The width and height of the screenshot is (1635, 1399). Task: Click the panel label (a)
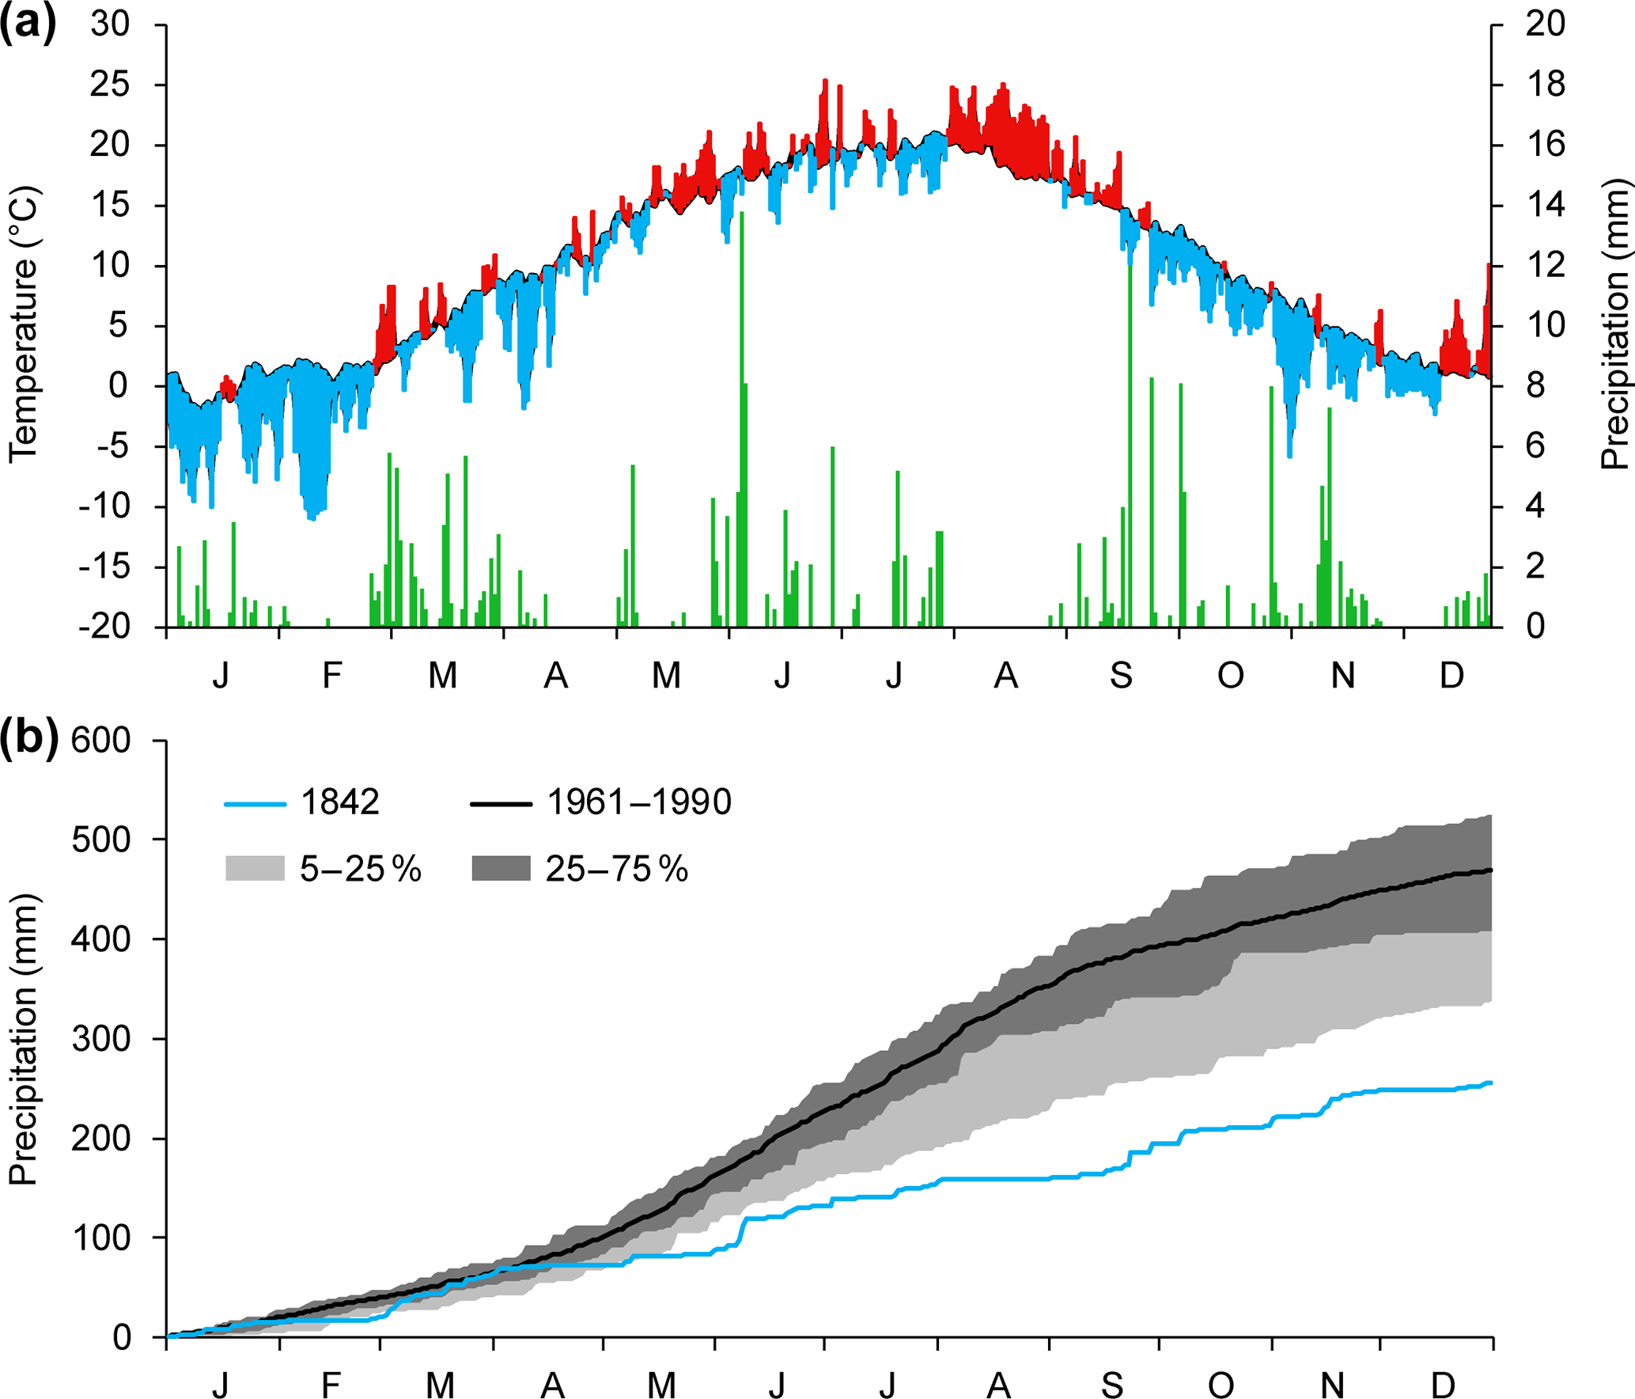pos(28,24)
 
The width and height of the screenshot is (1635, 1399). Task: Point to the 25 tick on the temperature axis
pos(109,85)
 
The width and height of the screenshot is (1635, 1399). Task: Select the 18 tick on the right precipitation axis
pos(1545,85)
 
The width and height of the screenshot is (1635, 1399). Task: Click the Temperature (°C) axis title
pos(24,324)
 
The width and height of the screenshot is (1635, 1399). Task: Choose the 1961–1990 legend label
pos(639,802)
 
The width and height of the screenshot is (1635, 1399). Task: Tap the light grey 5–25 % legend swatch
pos(255,868)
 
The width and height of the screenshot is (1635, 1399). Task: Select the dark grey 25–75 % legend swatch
pos(501,868)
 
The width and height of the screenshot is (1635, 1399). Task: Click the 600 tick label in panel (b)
pos(101,741)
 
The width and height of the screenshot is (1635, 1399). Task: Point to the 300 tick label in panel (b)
pos(101,1039)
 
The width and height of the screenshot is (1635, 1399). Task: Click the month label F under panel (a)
pos(332,676)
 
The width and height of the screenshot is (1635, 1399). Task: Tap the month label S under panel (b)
pos(1112,1386)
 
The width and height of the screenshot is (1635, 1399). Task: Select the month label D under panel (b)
pos(1444,1386)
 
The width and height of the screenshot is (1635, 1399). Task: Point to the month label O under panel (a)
pos(1230,676)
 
